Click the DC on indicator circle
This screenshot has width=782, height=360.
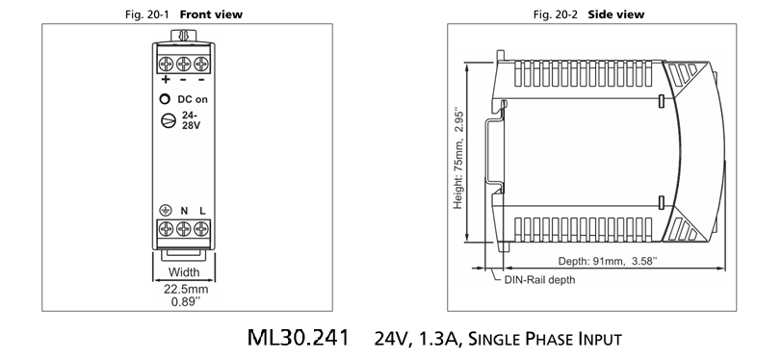(165, 99)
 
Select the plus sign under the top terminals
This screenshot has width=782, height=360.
(166, 80)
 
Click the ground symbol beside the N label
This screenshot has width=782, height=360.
(166, 211)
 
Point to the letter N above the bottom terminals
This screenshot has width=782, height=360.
(184, 211)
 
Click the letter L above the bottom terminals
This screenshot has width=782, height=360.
(202, 211)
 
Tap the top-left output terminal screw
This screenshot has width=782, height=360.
(166, 64)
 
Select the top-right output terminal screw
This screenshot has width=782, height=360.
(201, 64)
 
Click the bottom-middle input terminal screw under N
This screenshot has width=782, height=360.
(184, 229)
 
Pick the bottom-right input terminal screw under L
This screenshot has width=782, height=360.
(201, 229)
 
